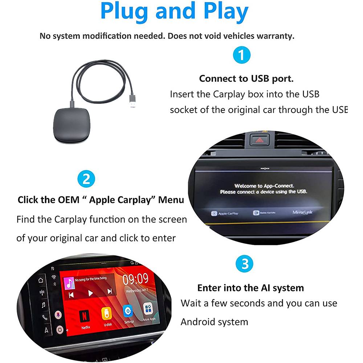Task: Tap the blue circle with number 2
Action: coord(86,179)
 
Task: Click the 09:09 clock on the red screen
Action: coord(135,280)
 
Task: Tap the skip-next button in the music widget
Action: coord(109,291)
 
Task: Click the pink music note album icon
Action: coord(69,283)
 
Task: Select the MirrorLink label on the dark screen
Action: coord(302,212)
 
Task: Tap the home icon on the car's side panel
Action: coord(41,280)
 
